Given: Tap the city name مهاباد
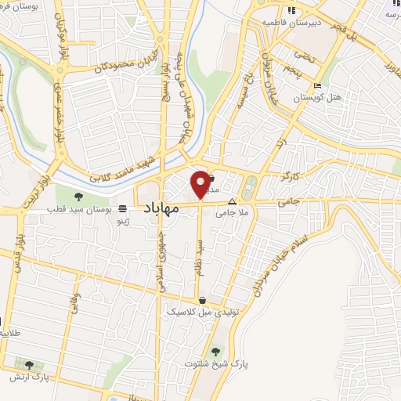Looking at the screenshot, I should [163, 208].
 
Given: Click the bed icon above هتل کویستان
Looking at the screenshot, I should [316, 85].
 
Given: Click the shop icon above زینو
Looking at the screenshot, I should [121, 209].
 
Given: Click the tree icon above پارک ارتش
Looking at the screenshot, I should [29, 364].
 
